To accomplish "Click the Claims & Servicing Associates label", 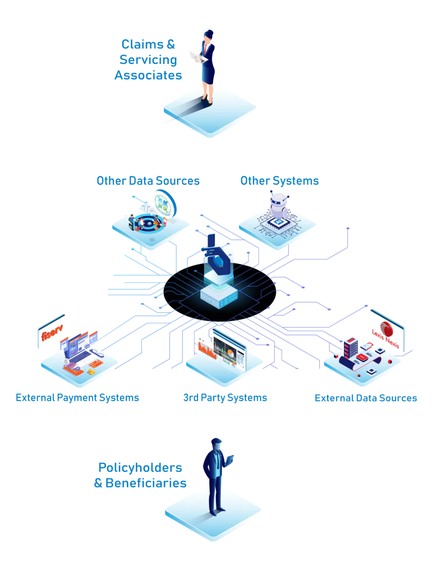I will (x=148, y=59).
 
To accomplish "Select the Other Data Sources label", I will (x=148, y=181).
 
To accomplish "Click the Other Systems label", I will (x=280, y=181).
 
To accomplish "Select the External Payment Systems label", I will (x=77, y=398).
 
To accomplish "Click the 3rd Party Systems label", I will (x=225, y=398).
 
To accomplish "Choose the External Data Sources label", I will (x=366, y=398).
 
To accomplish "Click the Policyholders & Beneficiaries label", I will (x=140, y=476).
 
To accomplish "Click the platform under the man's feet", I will (x=213, y=516).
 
